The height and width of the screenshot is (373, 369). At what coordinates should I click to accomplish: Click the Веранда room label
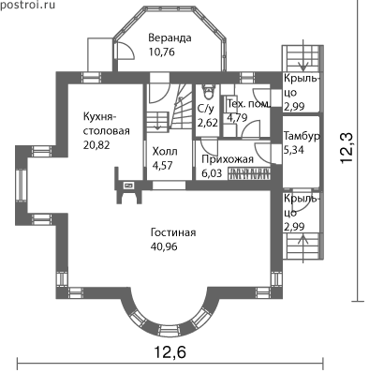coord(170,38)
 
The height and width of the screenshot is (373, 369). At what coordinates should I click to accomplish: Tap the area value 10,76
coord(162,52)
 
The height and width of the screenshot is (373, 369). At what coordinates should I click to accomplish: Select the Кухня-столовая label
coord(106,124)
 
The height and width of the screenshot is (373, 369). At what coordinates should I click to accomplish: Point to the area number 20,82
coord(96,145)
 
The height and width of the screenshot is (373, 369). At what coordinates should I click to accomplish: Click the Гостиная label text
coord(173,232)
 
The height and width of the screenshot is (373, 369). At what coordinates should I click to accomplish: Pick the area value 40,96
coord(164,246)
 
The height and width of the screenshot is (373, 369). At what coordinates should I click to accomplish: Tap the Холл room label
coord(165,152)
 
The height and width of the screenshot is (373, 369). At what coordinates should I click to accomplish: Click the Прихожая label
coord(228,159)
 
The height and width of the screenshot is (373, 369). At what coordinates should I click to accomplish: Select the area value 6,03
coord(212,173)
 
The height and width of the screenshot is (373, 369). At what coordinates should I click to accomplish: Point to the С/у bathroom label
coord(206,109)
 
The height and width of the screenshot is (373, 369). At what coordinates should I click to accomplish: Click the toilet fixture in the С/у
coord(208,91)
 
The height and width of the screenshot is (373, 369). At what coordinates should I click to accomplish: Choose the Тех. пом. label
coord(248,104)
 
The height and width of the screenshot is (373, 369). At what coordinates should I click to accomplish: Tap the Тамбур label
coord(302,137)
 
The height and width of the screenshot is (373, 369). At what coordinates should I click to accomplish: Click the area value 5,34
coord(294,150)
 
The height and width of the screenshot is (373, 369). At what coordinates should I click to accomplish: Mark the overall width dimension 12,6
coord(170,352)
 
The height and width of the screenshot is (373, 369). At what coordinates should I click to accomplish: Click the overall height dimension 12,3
coord(347,147)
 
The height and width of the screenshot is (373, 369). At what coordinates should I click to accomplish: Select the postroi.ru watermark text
coord(27,6)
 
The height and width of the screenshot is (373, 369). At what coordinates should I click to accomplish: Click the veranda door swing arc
coord(130,49)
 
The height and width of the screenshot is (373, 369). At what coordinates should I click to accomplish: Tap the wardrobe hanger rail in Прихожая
coord(248,173)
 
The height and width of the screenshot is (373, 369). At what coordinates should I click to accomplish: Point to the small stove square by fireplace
coord(128,186)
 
